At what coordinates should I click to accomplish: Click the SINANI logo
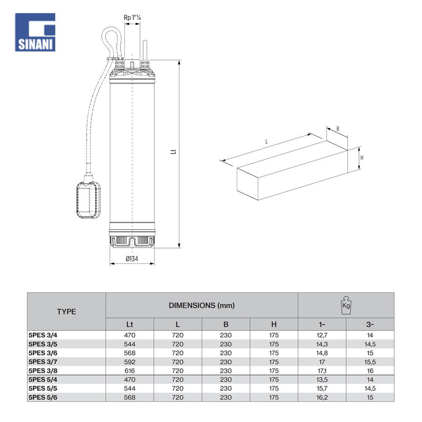tap(35, 32)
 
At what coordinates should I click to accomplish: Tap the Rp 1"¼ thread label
tap(132, 18)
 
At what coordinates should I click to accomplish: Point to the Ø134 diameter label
tap(132, 259)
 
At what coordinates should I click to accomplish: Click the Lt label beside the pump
tap(173, 151)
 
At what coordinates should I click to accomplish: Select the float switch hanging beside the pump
tap(89, 199)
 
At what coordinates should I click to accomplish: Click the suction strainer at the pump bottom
tap(132, 242)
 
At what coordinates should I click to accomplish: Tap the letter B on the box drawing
tap(338, 129)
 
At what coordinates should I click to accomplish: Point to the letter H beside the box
tap(362, 158)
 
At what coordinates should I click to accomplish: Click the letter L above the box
tap(266, 141)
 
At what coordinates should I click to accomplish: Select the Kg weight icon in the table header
tap(346, 305)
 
